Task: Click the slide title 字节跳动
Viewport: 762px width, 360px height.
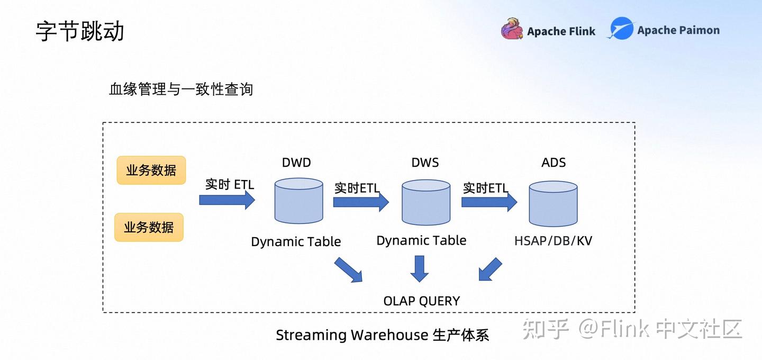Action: click(80, 31)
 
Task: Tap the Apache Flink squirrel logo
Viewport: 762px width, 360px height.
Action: click(512, 30)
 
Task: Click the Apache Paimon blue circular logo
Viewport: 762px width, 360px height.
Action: click(621, 29)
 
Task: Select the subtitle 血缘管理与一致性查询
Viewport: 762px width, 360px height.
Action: click(181, 89)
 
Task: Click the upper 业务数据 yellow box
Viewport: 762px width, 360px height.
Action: click(151, 170)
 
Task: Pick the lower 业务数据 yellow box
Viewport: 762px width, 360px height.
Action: click(149, 227)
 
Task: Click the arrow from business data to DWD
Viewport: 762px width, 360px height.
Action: click(227, 200)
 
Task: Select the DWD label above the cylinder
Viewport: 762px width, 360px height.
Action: click(296, 163)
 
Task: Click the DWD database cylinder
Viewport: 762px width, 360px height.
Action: click(298, 201)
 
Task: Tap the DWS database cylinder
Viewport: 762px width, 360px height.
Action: click(426, 202)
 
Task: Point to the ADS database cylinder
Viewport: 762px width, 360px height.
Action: click(553, 203)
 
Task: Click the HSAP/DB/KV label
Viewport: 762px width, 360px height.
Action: click(553, 241)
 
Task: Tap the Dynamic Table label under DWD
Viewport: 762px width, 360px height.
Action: click(296, 242)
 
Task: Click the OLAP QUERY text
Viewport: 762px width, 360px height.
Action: click(422, 301)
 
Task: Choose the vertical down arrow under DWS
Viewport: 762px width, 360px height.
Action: click(420, 268)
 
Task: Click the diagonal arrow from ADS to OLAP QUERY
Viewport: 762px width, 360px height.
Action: click(490, 269)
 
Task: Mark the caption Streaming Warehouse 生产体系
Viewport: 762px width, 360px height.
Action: click(382, 335)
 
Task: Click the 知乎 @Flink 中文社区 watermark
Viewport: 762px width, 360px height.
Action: click(632, 329)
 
